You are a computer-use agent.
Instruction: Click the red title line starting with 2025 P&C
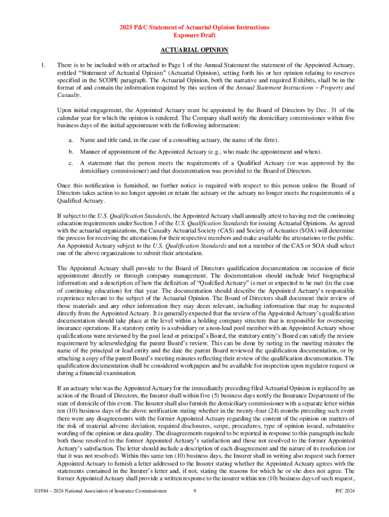click(x=194, y=27)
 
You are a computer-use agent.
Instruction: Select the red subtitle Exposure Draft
click(x=194, y=35)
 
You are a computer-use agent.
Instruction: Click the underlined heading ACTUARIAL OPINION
click(x=194, y=50)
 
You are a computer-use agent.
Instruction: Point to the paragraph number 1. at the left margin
click(x=44, y=65)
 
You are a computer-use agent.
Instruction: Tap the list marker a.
click(x=71, y=140)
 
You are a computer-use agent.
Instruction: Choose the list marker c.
click(x=71, y=164)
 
